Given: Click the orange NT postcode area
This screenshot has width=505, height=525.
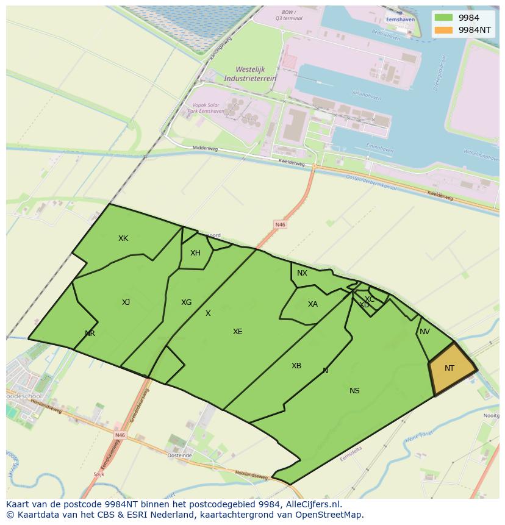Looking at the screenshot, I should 452,368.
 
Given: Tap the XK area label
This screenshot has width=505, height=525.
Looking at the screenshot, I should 123,238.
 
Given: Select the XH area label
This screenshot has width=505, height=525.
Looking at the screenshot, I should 195,253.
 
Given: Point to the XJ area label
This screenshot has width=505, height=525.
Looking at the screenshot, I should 126,302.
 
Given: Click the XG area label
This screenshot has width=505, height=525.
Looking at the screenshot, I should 186,302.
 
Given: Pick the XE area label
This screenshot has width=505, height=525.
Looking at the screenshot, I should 237,332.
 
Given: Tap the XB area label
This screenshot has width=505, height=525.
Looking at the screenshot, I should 296,366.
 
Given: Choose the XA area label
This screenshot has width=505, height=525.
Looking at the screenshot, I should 312,304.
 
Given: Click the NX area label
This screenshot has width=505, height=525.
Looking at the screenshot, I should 302,273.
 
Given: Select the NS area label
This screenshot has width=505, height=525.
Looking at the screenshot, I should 354,391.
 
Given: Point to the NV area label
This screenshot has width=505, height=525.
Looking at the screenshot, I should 424,332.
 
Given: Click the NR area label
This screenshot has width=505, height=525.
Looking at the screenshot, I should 90,334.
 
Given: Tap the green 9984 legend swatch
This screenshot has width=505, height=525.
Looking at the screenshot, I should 443,18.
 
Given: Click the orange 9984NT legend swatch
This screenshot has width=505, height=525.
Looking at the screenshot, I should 443,29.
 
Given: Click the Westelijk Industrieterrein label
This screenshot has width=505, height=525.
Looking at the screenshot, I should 250,74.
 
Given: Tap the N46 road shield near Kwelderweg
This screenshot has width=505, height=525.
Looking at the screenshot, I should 280,225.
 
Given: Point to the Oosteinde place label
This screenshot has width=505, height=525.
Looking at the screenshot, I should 180,455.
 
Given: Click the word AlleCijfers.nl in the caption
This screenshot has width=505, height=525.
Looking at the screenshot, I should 314,504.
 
